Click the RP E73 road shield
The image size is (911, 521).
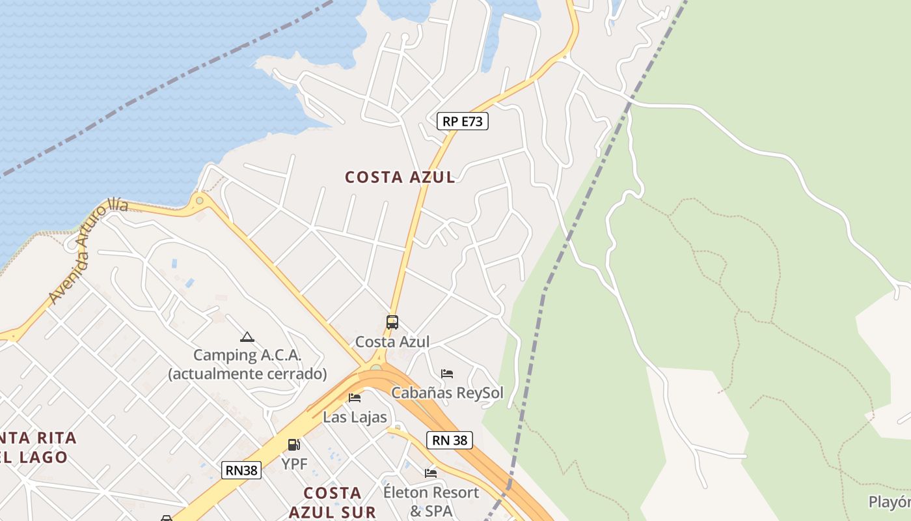coord(463,121)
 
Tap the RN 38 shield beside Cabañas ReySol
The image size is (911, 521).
coord(450,440)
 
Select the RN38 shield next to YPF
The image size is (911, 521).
coord(241,470)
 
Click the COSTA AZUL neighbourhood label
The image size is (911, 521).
coord(400,177)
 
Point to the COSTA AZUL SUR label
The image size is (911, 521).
coord(333,502)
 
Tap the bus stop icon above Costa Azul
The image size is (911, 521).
coord(392,322)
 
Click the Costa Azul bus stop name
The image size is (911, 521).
coord(392,342)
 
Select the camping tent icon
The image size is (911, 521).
coord(247,337)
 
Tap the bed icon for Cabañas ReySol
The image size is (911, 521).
coord(447,374)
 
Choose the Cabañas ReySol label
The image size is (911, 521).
coord(447,393)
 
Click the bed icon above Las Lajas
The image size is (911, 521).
coord(355,397)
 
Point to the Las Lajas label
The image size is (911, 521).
coord(355,417)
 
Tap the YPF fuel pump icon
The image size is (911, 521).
coord(294,445)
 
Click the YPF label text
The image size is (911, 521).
coord(294,464)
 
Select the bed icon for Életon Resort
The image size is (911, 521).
coord(431,473)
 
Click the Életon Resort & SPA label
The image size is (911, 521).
coord(431,501)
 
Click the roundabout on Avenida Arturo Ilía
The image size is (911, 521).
coord(200,200)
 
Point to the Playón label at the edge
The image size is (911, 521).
coord(890,502)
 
